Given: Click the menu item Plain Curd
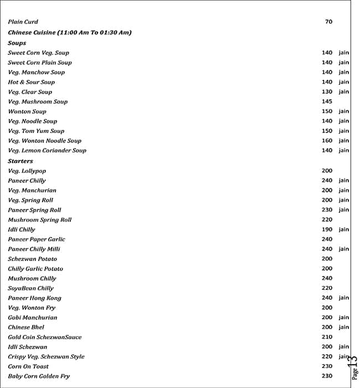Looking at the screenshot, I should [x=23, y=22].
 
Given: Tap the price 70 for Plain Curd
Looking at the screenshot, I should [x=328, y=22].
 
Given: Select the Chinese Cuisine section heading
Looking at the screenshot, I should [x=69, y=33].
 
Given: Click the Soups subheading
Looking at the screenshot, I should [x=17, y=43].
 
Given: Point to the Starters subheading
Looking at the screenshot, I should [x=20, y=161].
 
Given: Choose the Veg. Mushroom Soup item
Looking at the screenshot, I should [x=38, y=102].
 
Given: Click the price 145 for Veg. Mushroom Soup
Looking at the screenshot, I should [x=327, y=102].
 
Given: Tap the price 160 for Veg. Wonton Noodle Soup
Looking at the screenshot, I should [x=327, y=141].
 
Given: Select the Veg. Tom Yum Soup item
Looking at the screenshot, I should [x=36, y=131].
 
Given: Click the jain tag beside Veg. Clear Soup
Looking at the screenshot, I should [x=344, y=92].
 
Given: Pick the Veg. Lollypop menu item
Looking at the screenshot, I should [x=27, y=171].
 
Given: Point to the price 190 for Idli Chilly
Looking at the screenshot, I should [x=327, y=229].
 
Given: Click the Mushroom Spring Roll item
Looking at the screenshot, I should [x=39, y=220].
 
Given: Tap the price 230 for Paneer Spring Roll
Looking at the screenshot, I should [x=327, y=210].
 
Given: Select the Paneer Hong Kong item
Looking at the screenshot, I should [x=34, y=298].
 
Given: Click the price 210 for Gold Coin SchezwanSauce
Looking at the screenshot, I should [x=327, y=337].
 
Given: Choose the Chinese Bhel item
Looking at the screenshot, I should [x=26, y=328].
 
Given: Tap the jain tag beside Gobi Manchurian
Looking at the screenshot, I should [x=344, y=318].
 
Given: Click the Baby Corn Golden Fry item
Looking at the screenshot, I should [x=39, y=376].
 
